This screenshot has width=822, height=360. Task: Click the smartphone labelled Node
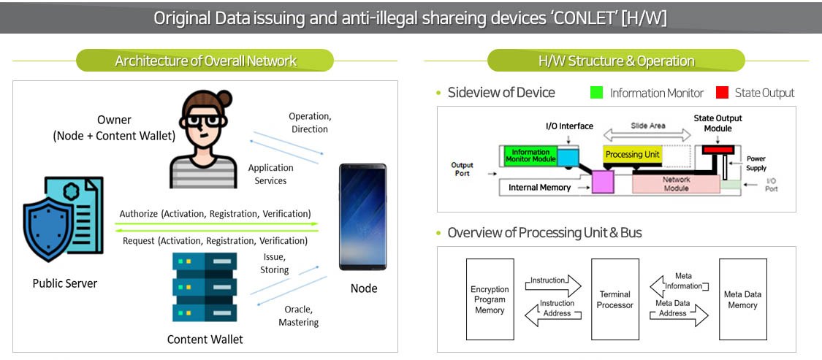click(x=363, y=217)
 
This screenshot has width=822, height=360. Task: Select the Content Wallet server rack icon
click(x=205, y=287)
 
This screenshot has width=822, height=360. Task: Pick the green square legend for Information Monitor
click(x=596, y=93)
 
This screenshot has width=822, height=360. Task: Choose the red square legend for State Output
click(x=723, y=93)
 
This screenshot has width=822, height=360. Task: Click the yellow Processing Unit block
click(x=633, y=155)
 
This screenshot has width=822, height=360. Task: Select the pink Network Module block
click(x=675, y=183)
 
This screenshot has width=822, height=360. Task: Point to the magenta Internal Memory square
click(x=604, y=182)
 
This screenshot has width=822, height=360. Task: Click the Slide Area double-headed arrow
click(x=647, y=134)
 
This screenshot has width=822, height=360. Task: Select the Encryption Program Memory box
click(x=490, y=299)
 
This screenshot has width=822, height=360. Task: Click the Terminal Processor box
click(x=615, y=299)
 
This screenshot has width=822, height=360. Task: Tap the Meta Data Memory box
click(x=742, y=299)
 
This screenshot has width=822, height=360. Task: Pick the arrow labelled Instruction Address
click(x=552, y=313)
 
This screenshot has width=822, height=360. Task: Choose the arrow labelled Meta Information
click(x=678, y=285)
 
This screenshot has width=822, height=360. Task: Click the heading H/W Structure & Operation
click(x=616, y=61)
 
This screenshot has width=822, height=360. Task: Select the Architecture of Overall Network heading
click(x=205, y=61)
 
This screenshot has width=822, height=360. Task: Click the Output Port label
click(x=462, y=169)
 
